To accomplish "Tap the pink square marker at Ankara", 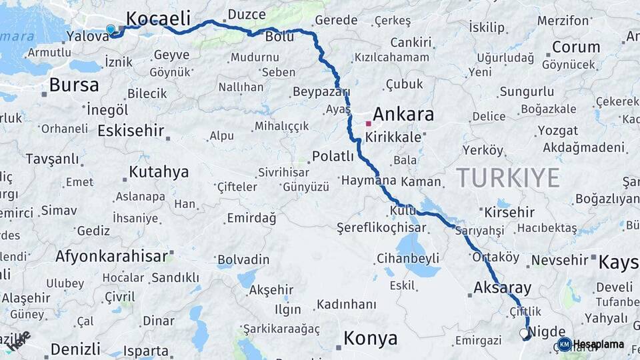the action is [x=368, y=123].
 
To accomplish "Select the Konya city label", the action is [x=370, y=339].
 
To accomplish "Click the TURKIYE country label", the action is [x=508, y=178].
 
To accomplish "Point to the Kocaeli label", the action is [x=158, y=18].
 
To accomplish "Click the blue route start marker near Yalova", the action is [x=111, y=29].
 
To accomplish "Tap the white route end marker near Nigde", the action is [x=523, y=332].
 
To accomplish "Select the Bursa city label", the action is [x=74, y=85].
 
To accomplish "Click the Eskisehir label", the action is [x=131, y=131].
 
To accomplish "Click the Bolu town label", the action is [x=279, y=37].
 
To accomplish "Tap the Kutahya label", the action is [x=159, y=172].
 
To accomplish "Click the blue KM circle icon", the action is [x=564, y=344].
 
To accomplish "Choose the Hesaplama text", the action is [x=599, y=344].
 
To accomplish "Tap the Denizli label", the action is [x=75, y=349].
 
